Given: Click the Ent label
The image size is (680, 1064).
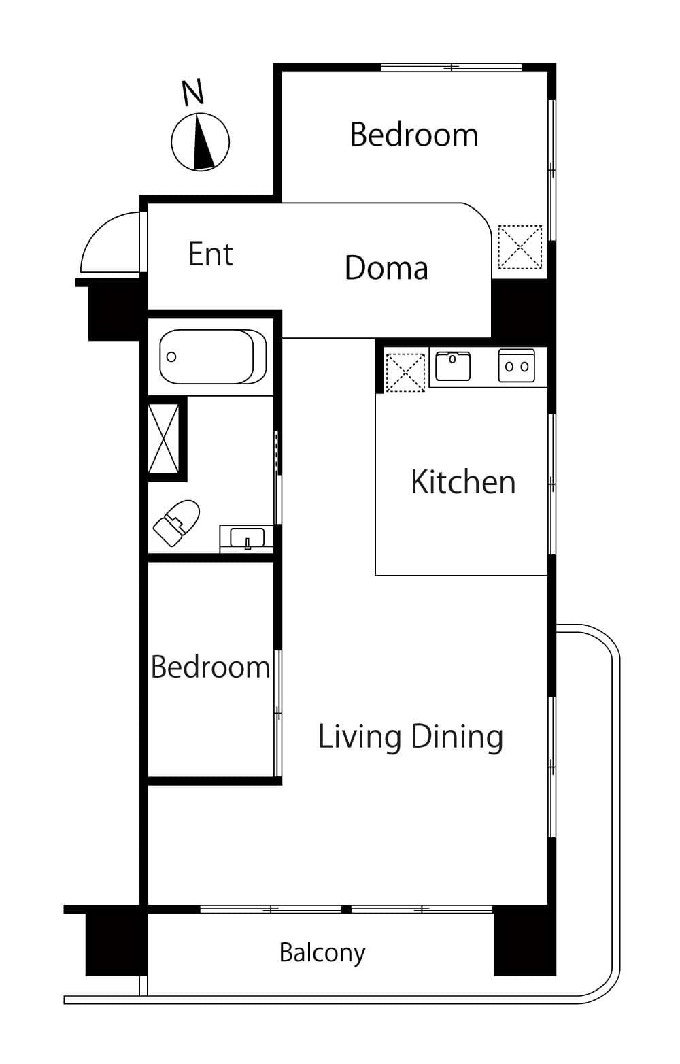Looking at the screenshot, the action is point(210,254).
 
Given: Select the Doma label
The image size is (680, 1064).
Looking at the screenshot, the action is point(386,267).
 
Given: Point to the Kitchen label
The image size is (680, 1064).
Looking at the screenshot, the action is point(463,482).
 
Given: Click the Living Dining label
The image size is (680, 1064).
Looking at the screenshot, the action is point(410,737).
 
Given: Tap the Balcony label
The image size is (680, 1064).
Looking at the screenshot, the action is point(322,952).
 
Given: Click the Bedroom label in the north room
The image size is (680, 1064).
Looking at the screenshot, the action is point(414,135).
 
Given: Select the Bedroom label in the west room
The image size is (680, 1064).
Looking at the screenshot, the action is point(210,667).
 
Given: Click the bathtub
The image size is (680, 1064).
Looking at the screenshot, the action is point(213,356).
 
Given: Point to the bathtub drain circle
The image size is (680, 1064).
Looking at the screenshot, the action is point(171,356).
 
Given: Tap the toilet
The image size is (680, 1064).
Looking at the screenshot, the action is point(176,522).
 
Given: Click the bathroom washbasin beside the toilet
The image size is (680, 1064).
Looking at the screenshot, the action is point(246,539).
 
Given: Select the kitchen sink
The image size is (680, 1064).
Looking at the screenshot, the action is point(453,366).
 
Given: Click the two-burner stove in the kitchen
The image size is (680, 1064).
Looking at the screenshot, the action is point(517,365).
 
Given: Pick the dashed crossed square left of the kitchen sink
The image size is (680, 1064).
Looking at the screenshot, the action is point(405,372).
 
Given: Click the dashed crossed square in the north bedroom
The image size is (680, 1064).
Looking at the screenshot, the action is point(520,246).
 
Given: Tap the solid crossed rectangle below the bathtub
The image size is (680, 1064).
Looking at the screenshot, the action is point(164,438).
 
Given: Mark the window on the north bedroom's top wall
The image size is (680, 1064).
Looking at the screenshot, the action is point(451,67).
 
